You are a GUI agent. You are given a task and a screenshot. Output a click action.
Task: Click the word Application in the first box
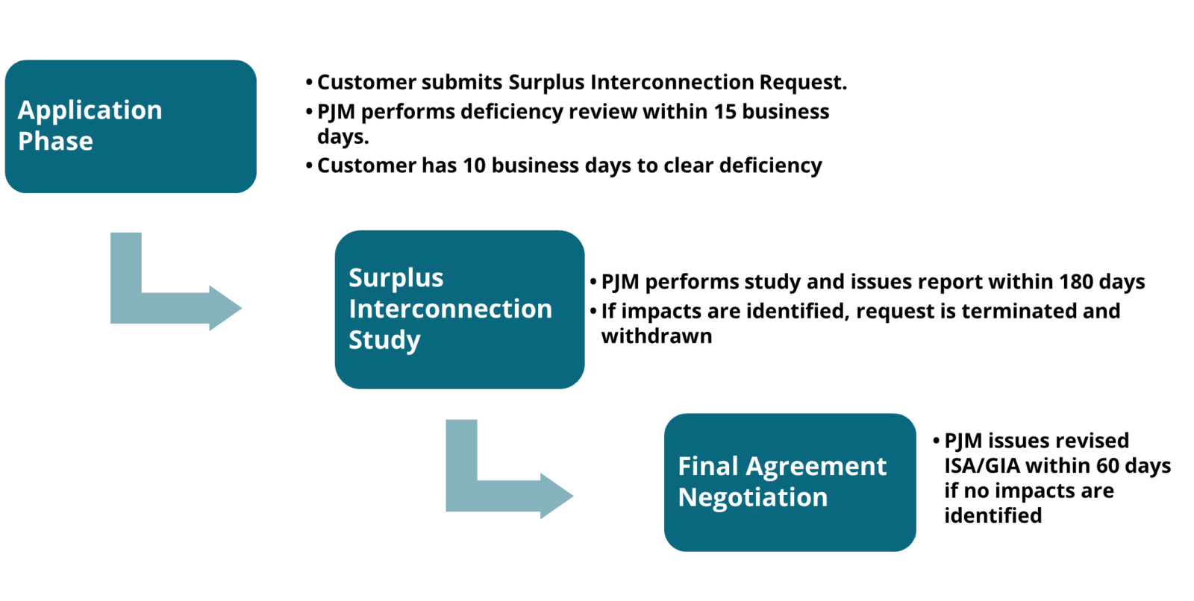(x=90, y=110)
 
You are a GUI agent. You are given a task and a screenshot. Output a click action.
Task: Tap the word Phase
(x=55, y=141)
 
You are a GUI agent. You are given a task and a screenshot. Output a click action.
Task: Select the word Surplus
(x=396, y=278)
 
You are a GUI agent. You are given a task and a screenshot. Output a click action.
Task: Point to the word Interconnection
(x=450, y=309)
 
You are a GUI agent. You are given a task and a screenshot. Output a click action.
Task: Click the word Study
(x=384, y=340)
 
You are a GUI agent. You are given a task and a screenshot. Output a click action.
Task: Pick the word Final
(x=707, y=466)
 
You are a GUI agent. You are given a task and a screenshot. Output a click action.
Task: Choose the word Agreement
(x=816, y=467)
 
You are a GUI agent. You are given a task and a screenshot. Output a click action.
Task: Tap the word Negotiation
(x=752, y=497)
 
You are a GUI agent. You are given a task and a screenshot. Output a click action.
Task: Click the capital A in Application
(x=26, y=110)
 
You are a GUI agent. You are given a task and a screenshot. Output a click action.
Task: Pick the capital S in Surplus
(x=356, y=277)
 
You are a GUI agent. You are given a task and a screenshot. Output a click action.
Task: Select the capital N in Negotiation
(x=687, y=497)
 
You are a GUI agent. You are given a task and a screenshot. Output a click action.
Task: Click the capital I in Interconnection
(x=352, y=309)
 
